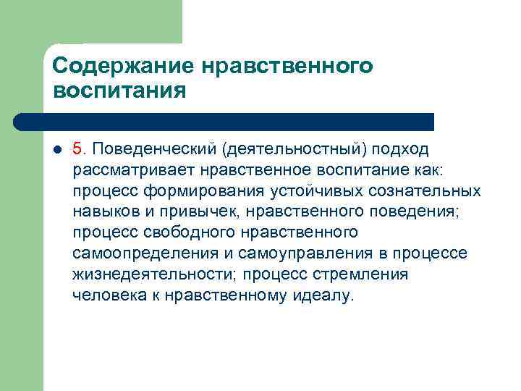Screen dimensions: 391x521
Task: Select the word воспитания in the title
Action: point(119,92)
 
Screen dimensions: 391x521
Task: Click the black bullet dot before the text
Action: point(58,150)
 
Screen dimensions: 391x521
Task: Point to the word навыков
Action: point(102,212)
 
